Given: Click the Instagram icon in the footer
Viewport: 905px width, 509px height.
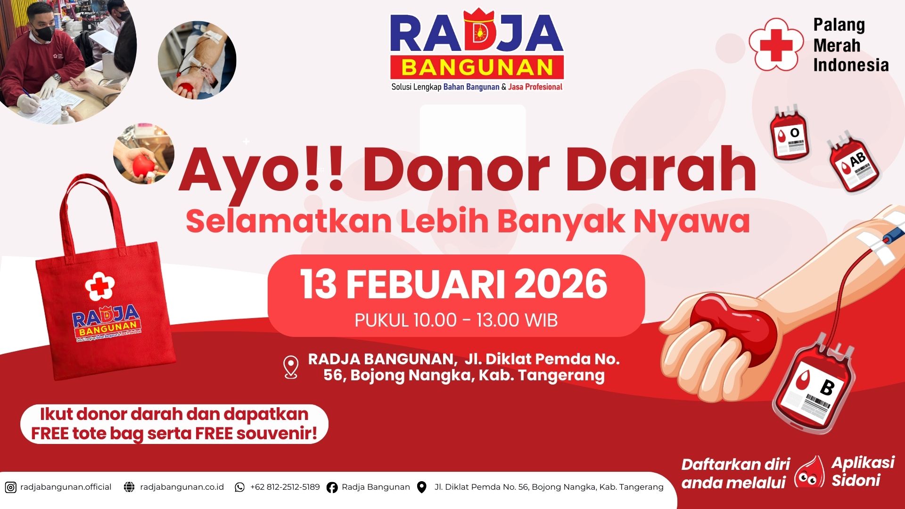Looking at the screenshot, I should [x=10, y=487].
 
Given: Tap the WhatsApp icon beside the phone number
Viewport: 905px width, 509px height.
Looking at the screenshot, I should [x=240, y=487].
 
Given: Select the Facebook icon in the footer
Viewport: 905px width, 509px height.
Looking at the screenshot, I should [x=332, y=487].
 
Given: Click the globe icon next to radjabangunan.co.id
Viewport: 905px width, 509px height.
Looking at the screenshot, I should [x=129, y=487].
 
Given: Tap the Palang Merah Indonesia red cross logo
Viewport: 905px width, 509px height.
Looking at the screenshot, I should [x=776, y=44].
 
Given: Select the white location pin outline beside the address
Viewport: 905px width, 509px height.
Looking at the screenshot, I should [x=291, y=367].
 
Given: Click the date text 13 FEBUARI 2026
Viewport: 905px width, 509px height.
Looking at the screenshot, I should [x=454, y=285].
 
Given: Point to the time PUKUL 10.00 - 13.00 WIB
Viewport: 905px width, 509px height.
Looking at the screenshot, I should [x=456, y=320].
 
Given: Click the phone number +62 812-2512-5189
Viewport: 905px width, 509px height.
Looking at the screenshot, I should [x=285, y=487].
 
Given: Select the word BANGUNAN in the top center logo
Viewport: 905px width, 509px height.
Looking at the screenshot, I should [x=477, y=68].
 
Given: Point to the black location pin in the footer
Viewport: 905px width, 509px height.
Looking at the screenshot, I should [x=422, y=487].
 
